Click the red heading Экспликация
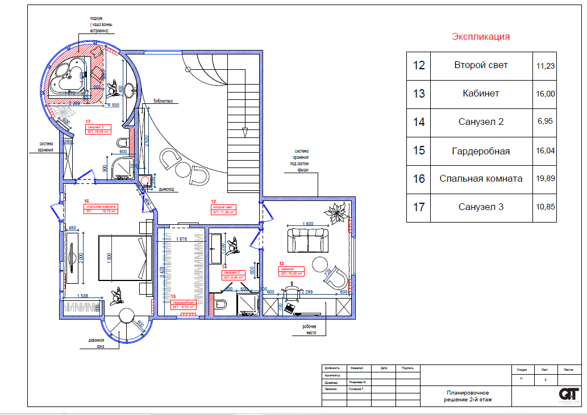click(x=481, y=37)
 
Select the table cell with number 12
click(x=419, y=65)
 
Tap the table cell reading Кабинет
click(x=481, y=94)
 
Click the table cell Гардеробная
click(x=481, y=151)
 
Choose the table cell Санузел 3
click(x=481, y=207)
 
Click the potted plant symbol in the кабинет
click(x=335, y=215)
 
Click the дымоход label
click(x=167, y=190)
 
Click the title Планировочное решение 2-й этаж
click(x=468, y=396)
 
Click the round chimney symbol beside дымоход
click(x=145, y=182)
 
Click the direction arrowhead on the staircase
click(x=245, y=132)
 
